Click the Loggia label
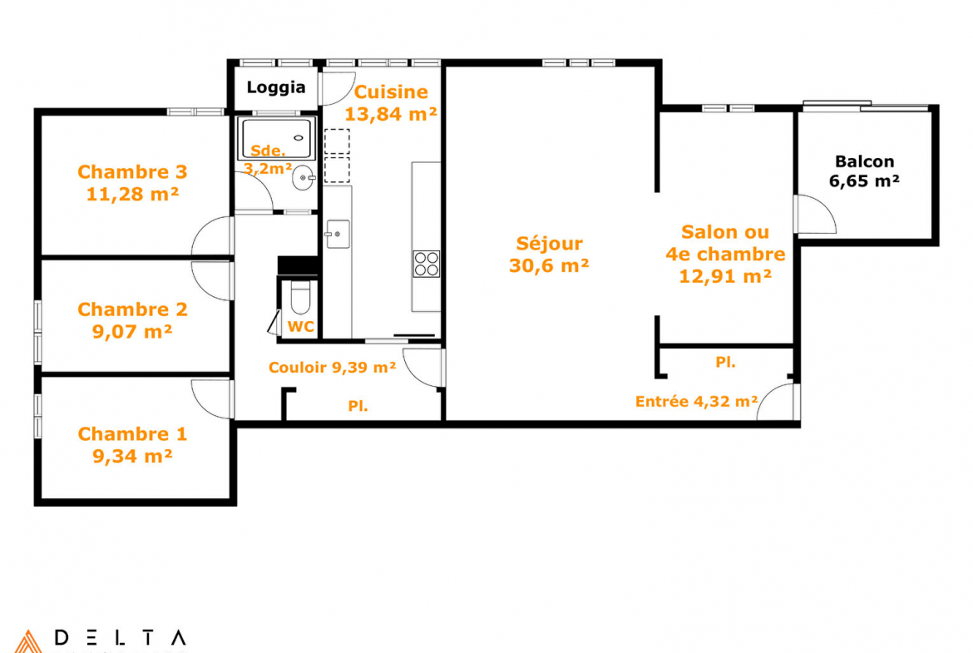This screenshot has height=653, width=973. tap(276, 87)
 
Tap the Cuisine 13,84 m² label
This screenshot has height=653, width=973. tap(391, 103)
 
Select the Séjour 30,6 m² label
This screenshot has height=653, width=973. tap(549, 255)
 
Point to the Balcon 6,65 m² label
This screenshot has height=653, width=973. tap(864, 171)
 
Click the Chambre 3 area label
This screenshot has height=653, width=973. tap(132, 183)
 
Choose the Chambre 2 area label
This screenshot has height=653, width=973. tap(132, 320)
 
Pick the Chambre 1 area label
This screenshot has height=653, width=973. tap(132, 445)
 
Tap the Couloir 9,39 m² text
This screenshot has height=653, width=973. tap(332, 368)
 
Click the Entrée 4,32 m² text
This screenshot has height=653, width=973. tap(696, 402)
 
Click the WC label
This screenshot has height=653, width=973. tap(301, 326)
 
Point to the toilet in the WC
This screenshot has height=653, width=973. tap(300, 297)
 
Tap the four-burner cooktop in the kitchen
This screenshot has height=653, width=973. tap(427, 264)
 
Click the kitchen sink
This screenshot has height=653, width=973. tap(338, 234)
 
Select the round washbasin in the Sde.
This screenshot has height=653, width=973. tap(303, 177)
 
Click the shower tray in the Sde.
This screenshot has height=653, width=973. tap(277, 138)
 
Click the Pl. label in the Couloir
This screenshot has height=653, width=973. tap(358, 406)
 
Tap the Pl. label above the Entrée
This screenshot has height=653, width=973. tap(725, 362)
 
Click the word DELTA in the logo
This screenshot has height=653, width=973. tap(120, 638)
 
